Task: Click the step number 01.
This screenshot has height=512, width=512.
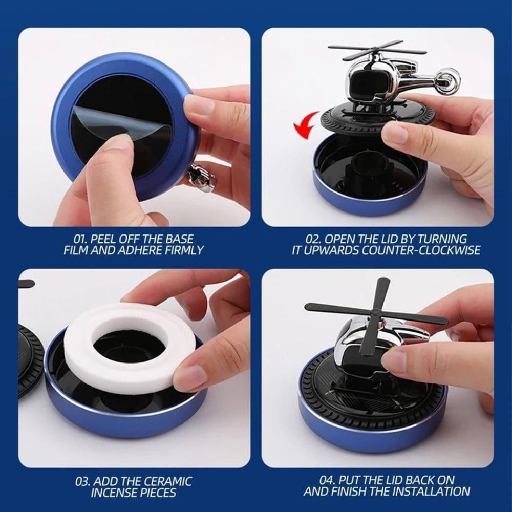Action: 80,239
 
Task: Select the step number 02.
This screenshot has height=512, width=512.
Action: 313,239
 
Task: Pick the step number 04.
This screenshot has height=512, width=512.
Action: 327,480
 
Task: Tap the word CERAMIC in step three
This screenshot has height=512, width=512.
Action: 168,482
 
